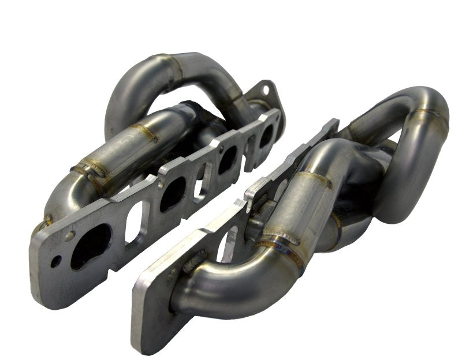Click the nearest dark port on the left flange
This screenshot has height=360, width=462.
91,246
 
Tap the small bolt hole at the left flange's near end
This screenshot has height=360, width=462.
55,261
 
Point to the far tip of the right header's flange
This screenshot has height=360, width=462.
333,123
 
